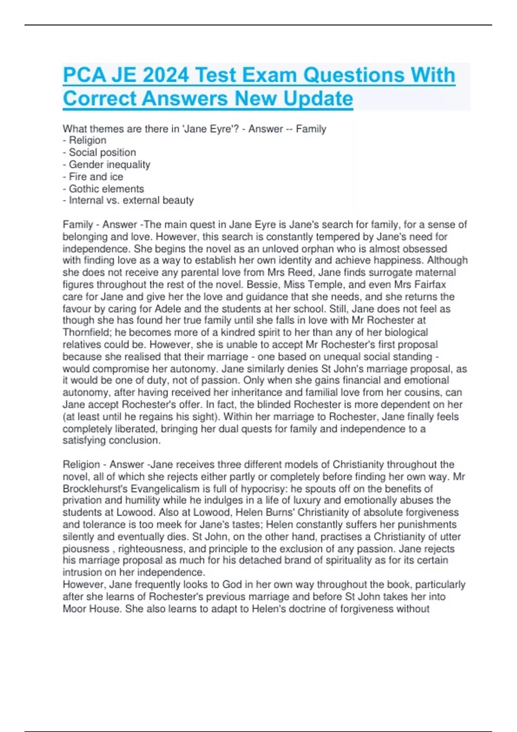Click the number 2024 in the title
165,75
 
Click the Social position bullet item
102,152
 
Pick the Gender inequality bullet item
109,164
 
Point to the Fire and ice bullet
96,177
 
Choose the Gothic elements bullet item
106,189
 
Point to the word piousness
86,549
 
